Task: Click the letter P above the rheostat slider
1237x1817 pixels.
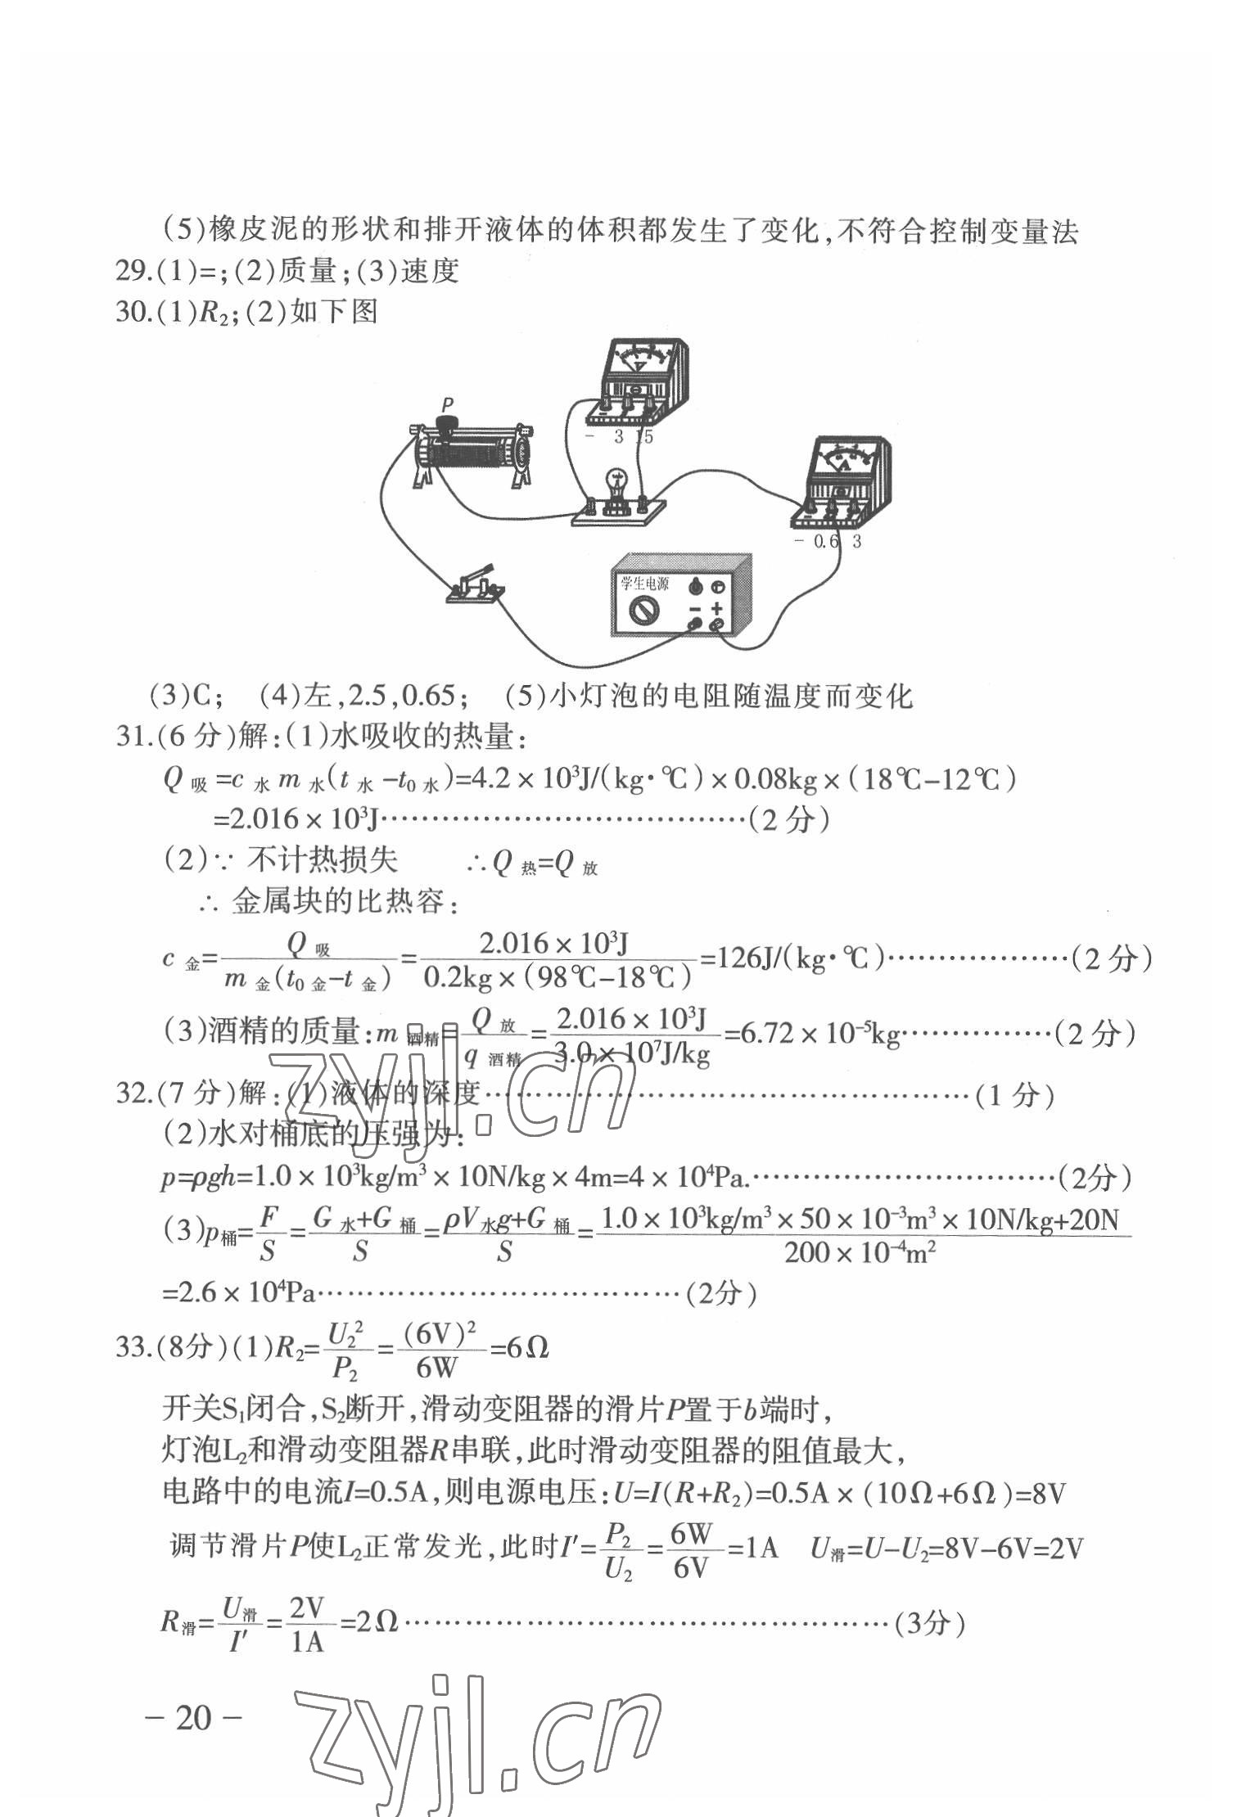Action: click(447, 404)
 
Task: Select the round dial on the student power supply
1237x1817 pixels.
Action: click(644, 610)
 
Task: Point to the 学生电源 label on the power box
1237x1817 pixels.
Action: click(644, 583)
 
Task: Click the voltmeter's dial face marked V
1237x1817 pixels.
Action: click(641, 360)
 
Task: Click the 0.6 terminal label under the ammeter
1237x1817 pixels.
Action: click(826, 541)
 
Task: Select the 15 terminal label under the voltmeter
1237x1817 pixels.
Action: click(644, 437)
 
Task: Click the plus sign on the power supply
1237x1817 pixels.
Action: click(716, 608)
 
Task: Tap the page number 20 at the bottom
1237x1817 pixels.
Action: click(193, 1717)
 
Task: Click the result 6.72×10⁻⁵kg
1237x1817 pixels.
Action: click(819, 1035)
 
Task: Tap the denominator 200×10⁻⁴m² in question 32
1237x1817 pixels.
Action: click(860, 1252)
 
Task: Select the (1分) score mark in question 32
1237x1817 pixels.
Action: click(1014, 1095)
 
